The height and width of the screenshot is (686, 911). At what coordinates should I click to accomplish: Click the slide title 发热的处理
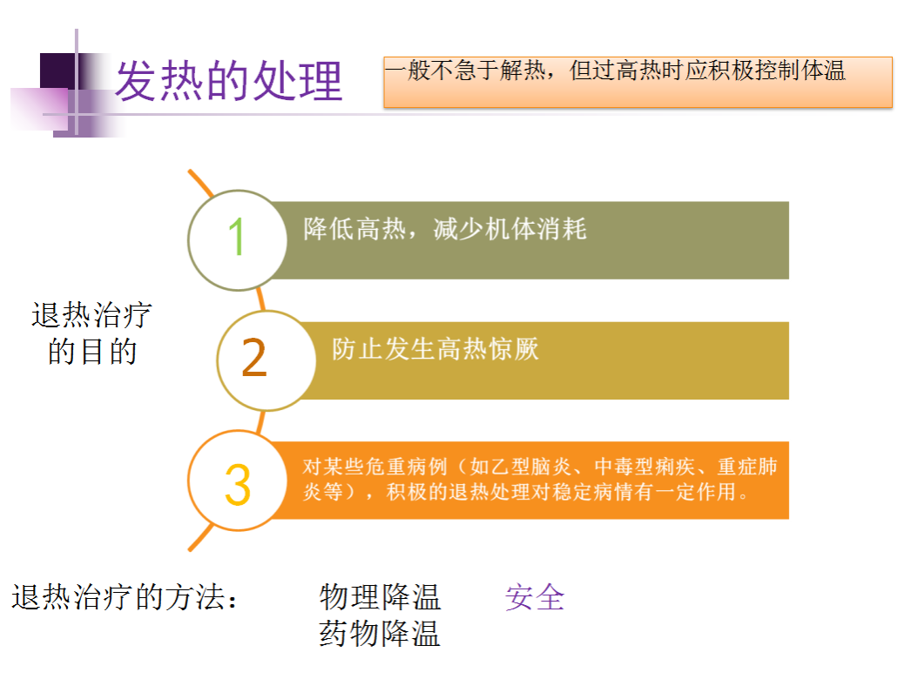(228, 80)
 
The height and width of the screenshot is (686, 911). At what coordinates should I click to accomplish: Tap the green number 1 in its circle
(237, 237)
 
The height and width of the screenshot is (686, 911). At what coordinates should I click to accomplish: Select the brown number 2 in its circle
(254, 358)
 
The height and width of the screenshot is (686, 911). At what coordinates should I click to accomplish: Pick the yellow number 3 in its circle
(237, 484)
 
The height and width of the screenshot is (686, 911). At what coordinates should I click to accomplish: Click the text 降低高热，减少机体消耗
(444, 229)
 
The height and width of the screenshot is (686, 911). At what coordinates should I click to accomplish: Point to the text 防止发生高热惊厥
(435, 349)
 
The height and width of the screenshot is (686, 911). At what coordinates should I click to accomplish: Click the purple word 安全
(535, 597)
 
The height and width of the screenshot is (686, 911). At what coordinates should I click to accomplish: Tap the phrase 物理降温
(380, 597)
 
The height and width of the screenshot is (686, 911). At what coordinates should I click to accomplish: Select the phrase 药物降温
(380, 633)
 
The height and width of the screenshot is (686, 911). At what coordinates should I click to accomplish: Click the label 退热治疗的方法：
(125, 597)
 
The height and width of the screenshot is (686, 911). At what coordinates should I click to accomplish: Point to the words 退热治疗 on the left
(91, 315)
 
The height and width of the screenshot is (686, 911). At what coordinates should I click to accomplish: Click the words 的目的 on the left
(92, 352)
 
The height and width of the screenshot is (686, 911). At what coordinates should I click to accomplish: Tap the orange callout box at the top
(638, 82)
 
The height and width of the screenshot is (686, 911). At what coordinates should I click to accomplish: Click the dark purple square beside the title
(58, 71)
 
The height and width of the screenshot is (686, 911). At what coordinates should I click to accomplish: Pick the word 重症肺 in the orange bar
(747, 467)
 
